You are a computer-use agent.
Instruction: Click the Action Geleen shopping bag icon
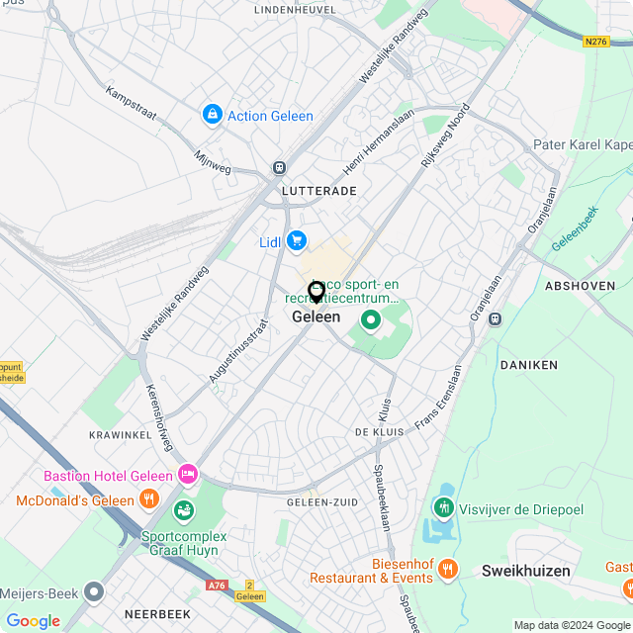click(x=212, y=116)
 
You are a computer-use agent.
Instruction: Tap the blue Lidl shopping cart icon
click(x=296, y=241)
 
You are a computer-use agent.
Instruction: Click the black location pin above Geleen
click(x=316, y=292)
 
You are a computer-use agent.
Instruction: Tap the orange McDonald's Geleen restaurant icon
click(x=148, y=499)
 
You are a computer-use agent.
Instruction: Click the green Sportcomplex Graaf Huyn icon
click(x=183, y=511)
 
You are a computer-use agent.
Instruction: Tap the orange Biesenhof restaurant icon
click(x=449, y=568)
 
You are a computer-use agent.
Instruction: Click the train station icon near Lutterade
click(x=280, y=168)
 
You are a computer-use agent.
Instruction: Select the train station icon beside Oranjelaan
click(x=496, y=318)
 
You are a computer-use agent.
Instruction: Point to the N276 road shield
click(x=595, y=41)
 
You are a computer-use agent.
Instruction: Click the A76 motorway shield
click(x=218, y=586)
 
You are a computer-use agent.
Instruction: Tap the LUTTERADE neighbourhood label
click(x=318, y=190)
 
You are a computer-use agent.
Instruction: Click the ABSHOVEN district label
click(x=579, y=285)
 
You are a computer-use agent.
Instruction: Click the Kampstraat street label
click(x=133, y=103)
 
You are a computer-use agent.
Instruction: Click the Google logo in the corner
click(x=33, y=620)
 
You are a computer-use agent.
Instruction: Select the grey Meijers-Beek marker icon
click(x=94, y=592)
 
